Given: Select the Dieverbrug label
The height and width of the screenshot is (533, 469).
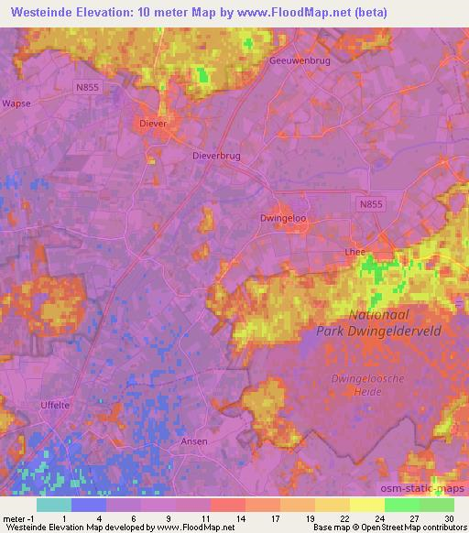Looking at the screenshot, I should [x=216, y=157].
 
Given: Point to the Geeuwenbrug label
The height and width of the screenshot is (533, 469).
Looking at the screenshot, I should [x=300, y=60].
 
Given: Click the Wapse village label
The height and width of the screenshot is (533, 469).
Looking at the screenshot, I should [x=16, y=103].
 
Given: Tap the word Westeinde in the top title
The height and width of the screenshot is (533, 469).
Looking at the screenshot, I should [x=39, y=11].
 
